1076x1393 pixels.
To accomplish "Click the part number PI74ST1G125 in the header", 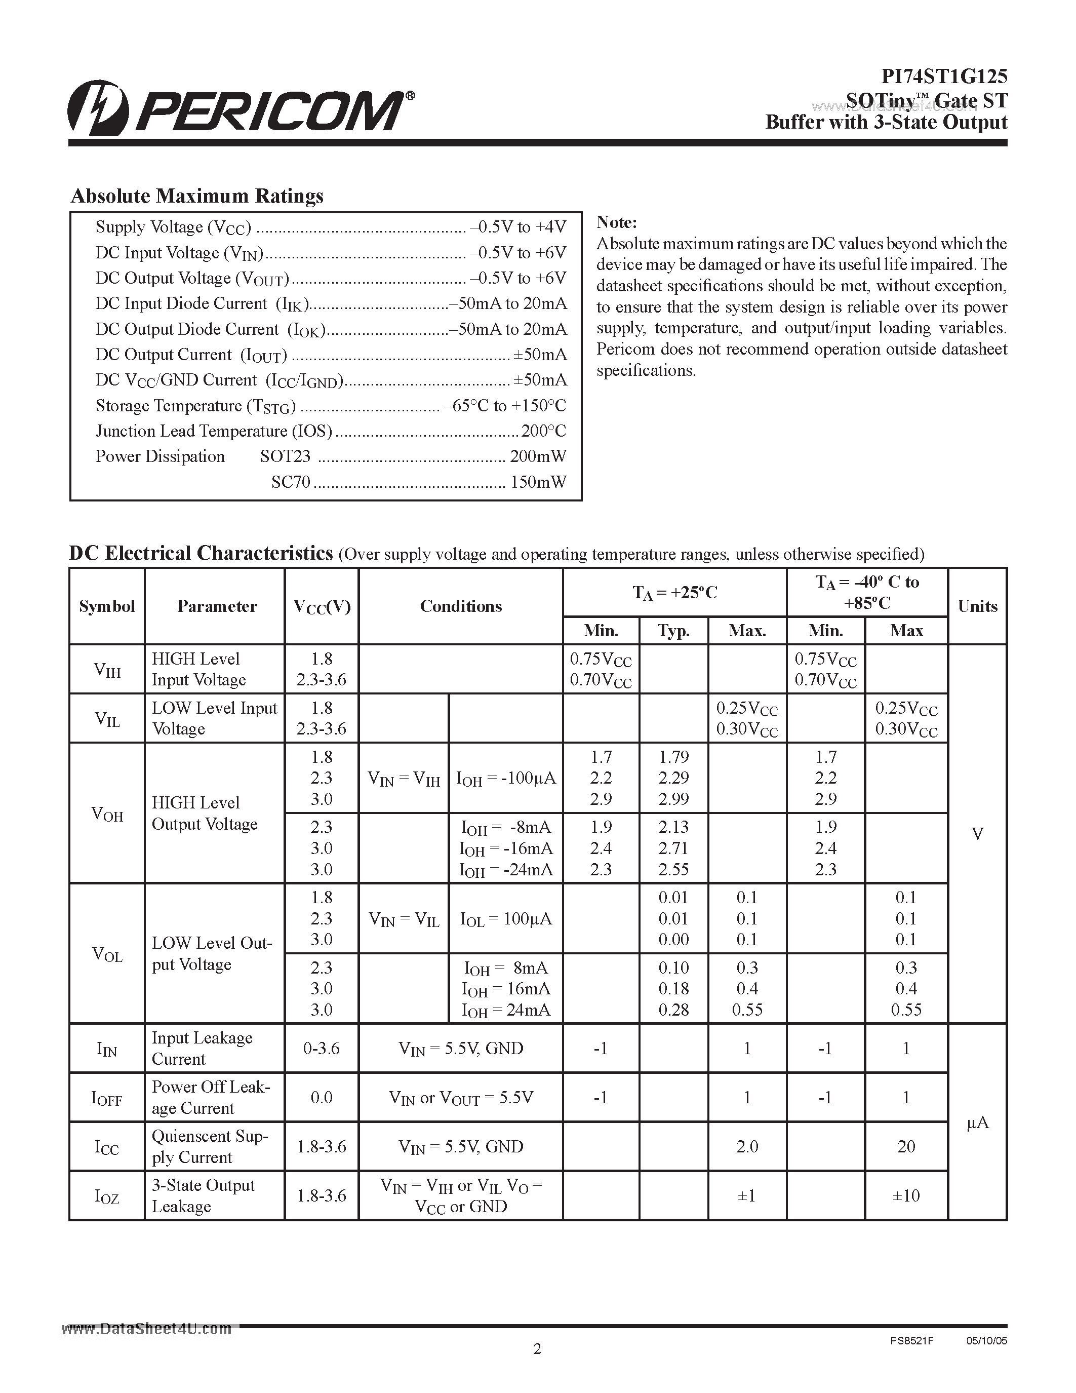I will [x=943, y=76].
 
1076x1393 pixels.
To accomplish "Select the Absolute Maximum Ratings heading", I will [x=197, y=196].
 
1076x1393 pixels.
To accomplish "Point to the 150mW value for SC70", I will [x=538, y=482].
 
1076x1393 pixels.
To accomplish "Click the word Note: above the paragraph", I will [x=616, y=222].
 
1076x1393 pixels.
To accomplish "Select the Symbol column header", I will [x=107, y=606].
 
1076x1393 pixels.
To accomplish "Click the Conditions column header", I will [x=460, y=606].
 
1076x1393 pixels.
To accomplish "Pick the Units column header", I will [x=977, y=606].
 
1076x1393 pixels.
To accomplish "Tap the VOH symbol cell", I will [x=107, y=814].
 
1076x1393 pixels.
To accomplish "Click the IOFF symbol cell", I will [x=107, y=1098].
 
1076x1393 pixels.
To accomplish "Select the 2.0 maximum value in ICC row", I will [x=746, y=1146].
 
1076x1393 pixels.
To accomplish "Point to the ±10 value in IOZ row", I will [x=906, y=1195].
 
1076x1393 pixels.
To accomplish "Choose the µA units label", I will [x=977, y=1123].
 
